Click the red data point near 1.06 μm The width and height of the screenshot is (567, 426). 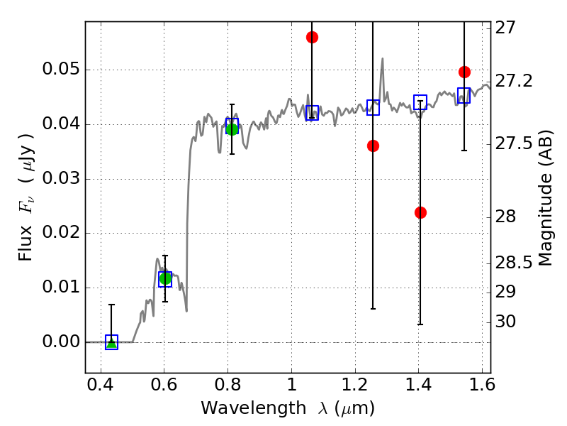coord(312,38)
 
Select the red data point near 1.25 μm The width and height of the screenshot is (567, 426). coord(374,146)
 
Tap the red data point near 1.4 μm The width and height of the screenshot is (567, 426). coord(420,212)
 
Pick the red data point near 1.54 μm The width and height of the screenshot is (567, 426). coord(464,72)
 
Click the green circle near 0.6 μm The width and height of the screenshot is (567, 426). coord(165,278)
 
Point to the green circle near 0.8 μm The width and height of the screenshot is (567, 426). coord(232,129)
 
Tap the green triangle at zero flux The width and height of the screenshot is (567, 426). coord(112,343)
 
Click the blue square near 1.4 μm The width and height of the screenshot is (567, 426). coord(420,102)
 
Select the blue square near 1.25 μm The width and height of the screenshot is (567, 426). coord(374,108)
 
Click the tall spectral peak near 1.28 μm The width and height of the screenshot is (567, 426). coord(382,59)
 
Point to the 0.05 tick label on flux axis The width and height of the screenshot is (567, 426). coord(61,69)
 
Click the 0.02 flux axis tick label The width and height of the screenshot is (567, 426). coord(61,232)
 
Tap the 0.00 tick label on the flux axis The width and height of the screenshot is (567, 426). coord(61,342)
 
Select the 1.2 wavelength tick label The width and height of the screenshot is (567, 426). coord(355,385)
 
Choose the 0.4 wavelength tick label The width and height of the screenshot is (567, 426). coord(101,385)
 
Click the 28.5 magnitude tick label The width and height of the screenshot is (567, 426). coord(514,263)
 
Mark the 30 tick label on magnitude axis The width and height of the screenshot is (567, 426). coord(505,322)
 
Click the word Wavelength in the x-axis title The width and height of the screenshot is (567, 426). coord(253,408)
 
